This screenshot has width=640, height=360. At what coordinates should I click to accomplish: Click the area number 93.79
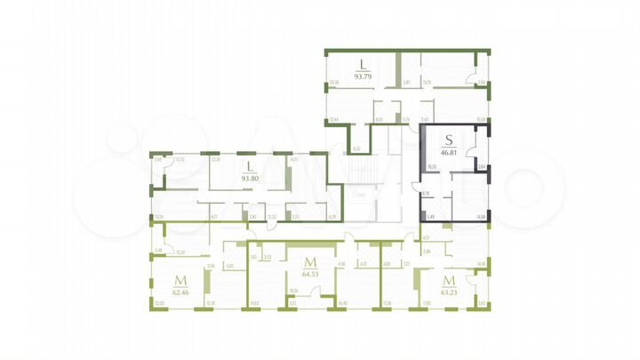click(362, 75)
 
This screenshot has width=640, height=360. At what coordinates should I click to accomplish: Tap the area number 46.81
click(449, 152)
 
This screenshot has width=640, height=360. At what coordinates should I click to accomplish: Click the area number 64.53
click(311, 273)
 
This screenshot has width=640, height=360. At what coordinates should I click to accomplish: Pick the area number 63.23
click(449, 291)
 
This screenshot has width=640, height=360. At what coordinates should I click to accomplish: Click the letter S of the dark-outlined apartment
click(449, 140)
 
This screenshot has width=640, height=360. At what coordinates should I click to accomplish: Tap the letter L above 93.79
click(362, 62)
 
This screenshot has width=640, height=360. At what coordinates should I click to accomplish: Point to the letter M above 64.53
click(311, 261)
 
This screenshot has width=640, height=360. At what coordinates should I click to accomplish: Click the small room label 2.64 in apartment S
click(481, 166)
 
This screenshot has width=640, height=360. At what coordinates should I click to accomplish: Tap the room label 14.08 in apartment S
click(481, 217)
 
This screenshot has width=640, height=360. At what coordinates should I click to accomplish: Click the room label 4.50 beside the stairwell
click(356, 148)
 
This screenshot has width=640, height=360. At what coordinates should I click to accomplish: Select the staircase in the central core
click(359, 169)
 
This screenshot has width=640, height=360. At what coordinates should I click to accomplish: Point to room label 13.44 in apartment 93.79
click(333, 120)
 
